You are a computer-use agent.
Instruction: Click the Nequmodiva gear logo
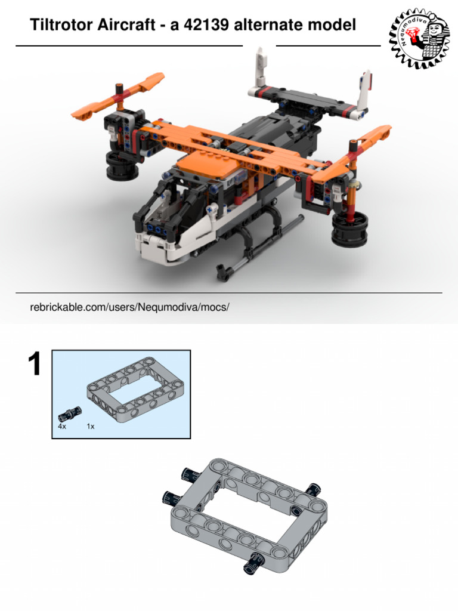tap(419, 38)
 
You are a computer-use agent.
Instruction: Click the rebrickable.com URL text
tap(129, 307)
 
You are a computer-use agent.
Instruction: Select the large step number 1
tap(35, 364)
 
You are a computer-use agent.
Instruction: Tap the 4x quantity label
tap(62, 426)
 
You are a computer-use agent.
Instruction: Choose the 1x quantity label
tap(91, 426)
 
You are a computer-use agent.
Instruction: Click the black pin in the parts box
tap(70, 413)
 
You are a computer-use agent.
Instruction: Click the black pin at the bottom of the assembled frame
tap(252, 563)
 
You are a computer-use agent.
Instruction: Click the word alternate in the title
tap(268, 25)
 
